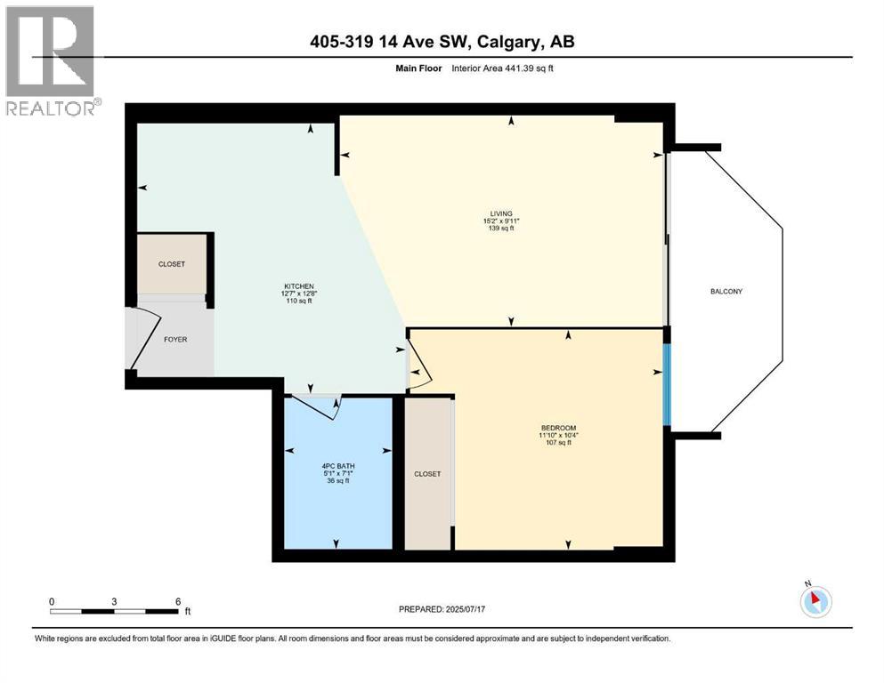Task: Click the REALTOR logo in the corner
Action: coord(52,60)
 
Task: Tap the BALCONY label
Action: coord(726,292)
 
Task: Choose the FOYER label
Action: coord(175,339)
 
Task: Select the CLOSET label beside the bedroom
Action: coord(427,474)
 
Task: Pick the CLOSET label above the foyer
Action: coord(172,264)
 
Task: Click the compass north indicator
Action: coord(815,601)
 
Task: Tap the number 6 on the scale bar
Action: coord(177,600)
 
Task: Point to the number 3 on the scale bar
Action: coord(114,600)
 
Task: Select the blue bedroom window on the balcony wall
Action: coord(666,383)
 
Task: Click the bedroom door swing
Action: coord(419,366)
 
